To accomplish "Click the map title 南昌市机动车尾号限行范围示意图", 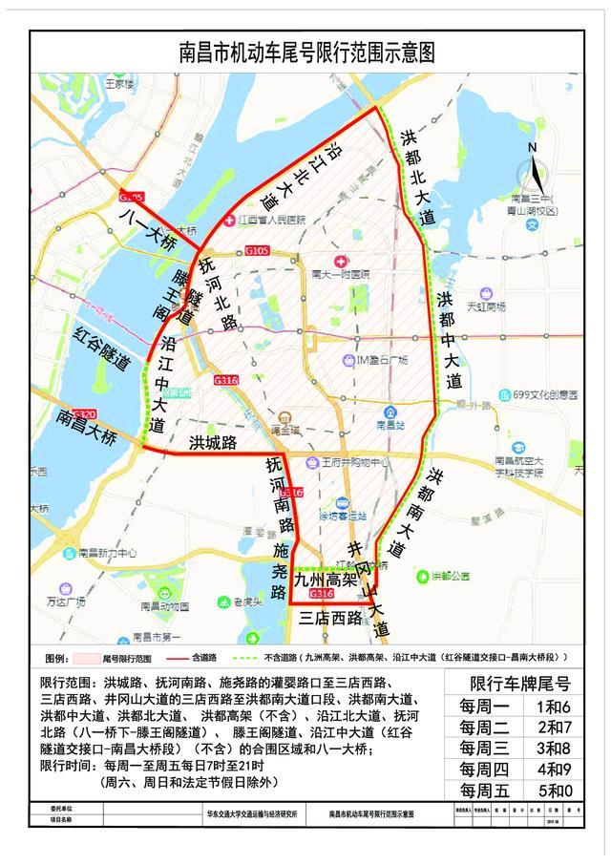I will [x=305, y=53].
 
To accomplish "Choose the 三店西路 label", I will [x=330, y=618].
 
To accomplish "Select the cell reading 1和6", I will [x=555, y=708].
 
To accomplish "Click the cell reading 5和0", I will [x=555, y=791].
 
